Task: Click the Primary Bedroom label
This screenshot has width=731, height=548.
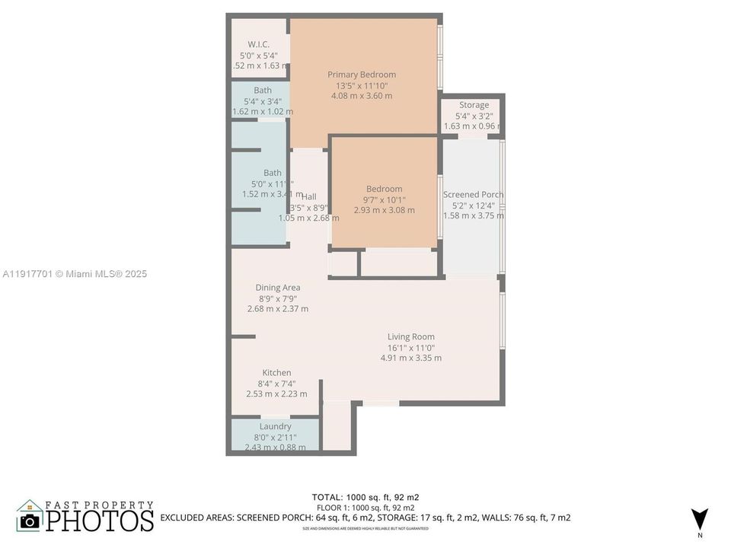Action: (362, 75)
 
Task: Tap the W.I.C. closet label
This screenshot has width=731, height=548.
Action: (259, 44)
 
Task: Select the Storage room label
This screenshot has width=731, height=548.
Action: (474, 105)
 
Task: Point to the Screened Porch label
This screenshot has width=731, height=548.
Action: (473, 195)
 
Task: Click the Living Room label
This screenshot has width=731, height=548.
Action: (410, 336)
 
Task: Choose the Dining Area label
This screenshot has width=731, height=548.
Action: (277, 288)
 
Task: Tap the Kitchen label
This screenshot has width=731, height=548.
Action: (276, 373)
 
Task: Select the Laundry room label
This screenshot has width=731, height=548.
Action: (275, 427)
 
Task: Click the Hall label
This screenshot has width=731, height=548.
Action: (309, 197)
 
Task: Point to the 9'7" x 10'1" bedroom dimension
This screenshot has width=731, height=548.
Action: (384, 200)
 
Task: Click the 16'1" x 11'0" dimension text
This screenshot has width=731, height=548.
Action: (410, 348)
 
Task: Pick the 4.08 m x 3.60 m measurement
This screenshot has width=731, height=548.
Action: (362, 96)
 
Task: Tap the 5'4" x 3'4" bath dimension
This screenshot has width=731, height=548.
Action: (262, 101)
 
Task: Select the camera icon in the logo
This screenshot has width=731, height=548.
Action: (30, 521)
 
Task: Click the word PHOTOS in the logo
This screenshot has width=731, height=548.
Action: (99, 521)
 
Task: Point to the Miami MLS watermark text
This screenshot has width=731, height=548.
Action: (74, 274)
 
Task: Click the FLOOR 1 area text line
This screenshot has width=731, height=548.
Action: (365, 508)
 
